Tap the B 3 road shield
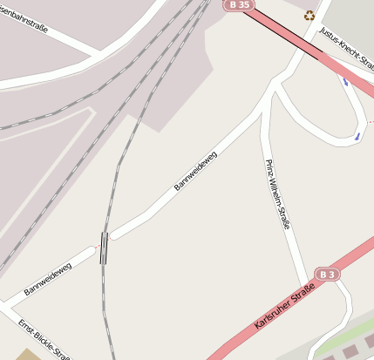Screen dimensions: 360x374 [x=327, y=274]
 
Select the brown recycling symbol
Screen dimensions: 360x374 [x=309, y=15]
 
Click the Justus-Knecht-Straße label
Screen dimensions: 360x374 [x=344, y=44]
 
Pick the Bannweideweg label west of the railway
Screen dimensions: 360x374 [x=48, y=277]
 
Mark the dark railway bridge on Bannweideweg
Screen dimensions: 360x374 [x=104, y=247]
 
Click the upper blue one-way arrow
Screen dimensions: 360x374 [x=345, y=82]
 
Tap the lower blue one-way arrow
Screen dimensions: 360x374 [x=357, y=136]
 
